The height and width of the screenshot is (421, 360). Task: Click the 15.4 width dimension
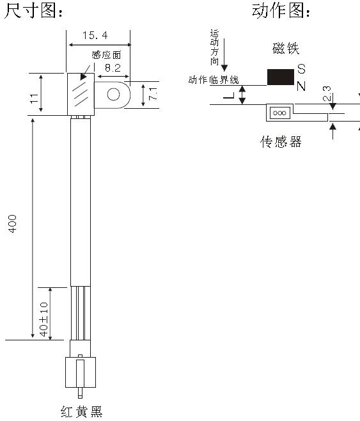[95, 35]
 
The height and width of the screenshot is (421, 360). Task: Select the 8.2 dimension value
[113, 68]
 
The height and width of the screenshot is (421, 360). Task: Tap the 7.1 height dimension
[153, 94]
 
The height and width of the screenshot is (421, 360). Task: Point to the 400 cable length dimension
[12, 224]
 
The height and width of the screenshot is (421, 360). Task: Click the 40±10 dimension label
[43, 319]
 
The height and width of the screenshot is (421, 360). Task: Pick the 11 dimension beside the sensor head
[34, 99]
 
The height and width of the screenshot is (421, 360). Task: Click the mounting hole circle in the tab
[113, 95]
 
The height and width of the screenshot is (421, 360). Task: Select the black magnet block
[281, 77]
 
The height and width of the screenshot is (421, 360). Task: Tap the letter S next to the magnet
[302, 68]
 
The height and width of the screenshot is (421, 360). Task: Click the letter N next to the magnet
[301, 86]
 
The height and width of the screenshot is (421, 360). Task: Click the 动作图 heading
[281, 11]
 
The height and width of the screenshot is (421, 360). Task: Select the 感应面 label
[107, 55]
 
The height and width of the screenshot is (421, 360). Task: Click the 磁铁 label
[286, 49]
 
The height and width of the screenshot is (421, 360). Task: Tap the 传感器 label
[281, 142]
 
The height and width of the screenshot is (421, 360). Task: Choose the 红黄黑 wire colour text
[82, 411]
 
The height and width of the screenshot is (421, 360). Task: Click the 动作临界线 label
[214, 80]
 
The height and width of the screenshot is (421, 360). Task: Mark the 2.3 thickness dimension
[327, 93]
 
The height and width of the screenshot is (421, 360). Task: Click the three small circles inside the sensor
[279, 113]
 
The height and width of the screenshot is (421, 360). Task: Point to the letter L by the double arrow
[229, 95]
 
